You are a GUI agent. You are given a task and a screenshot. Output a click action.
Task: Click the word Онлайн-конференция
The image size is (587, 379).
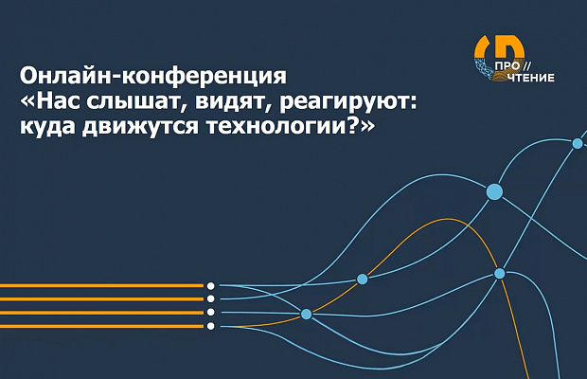[153, 77]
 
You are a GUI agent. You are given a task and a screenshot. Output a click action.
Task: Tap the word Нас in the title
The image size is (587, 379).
[58, 101]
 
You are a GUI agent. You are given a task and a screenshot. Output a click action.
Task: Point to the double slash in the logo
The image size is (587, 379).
[526, 66]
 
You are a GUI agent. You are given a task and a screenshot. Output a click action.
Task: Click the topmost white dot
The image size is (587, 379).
[211, 286]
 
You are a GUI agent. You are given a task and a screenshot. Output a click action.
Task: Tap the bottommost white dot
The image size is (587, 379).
[211, 326]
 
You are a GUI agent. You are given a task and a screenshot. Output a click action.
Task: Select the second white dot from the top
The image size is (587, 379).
[211, 298]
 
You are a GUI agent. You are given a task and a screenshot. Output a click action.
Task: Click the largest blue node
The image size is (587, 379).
[494, 191]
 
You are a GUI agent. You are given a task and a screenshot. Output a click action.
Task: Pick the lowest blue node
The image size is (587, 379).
[306, 314]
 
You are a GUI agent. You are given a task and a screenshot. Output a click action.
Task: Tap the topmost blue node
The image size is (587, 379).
[578, 143]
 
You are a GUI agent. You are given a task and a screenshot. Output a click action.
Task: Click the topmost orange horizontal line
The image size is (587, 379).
[101, 286]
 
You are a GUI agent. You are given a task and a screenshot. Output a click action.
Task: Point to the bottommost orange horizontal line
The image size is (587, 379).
[101, 326]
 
